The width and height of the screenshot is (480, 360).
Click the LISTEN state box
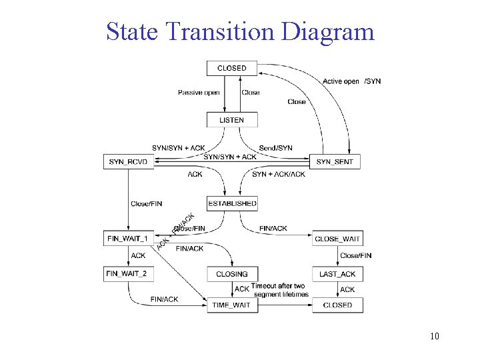[231, 120]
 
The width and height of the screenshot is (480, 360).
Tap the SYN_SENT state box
[335, 161]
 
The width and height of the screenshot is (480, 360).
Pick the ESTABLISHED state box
[232, 203]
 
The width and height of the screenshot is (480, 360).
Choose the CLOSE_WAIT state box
[337, 238]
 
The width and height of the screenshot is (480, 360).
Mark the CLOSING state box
[232, 273]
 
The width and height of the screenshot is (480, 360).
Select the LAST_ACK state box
[337, 273]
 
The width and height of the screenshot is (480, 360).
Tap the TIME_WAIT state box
[231, 305]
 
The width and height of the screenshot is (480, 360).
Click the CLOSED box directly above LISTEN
[231, 68]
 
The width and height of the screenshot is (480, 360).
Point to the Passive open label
[199, 93]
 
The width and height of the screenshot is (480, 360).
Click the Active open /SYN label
[351, 81]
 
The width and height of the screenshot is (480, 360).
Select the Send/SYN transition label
[275, 147]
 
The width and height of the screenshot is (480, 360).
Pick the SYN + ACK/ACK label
[279, 174]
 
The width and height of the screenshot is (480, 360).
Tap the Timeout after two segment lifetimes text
[279, 290]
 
